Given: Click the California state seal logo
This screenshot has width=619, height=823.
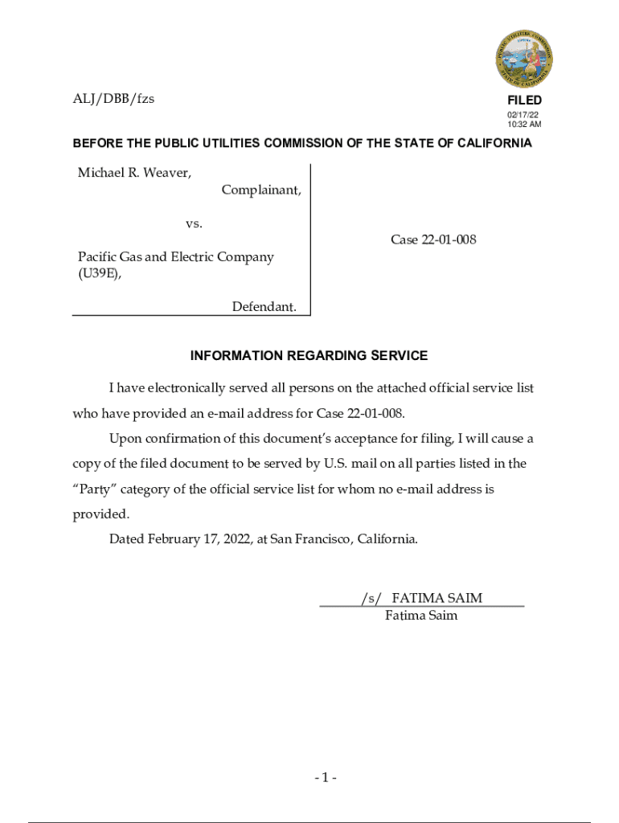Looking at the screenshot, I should [x=523, y=59].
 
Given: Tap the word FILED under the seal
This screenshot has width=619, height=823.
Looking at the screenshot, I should [x=524, y=100].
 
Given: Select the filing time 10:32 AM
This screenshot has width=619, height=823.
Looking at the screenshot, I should [x=524, y=125].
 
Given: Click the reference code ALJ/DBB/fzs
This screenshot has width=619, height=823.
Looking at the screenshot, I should [x=113, y=99].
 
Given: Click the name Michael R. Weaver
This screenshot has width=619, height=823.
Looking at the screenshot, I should [x=134, y=173].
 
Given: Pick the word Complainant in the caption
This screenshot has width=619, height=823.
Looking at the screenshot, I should [x=261, y=190].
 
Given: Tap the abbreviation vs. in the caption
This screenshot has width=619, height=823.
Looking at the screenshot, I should [x=194, y=223].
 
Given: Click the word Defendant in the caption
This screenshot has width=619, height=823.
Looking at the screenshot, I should [x=264, y=306].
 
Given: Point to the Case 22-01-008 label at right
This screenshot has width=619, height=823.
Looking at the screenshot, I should [x=433, y=240].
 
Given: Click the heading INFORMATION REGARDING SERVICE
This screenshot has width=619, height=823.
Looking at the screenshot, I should [x=309, y=355].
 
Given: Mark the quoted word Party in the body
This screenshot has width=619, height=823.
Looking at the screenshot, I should [x=96, y=489].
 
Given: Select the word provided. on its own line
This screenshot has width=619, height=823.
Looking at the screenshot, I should [x=100, y=514].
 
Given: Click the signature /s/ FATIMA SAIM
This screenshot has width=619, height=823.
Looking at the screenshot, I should [x=421, y=598].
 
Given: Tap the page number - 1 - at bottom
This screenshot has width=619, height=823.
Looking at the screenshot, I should [x=326, y=777].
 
